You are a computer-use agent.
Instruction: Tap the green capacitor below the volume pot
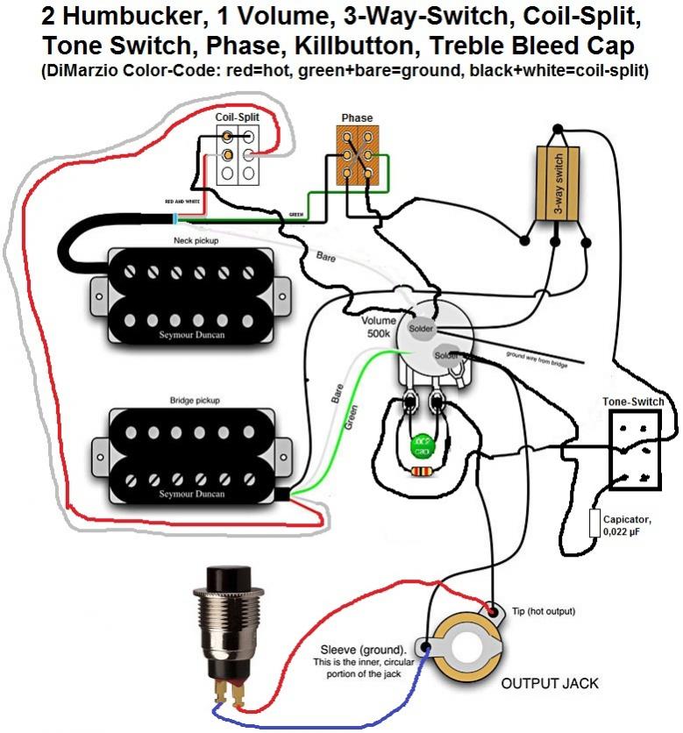point(422,445)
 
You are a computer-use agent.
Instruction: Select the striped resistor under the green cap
point(422,471)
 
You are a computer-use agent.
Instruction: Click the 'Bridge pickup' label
point(195,400)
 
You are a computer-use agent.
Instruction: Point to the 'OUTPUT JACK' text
point(550,682)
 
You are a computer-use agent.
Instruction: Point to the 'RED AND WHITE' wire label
point(181,202)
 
